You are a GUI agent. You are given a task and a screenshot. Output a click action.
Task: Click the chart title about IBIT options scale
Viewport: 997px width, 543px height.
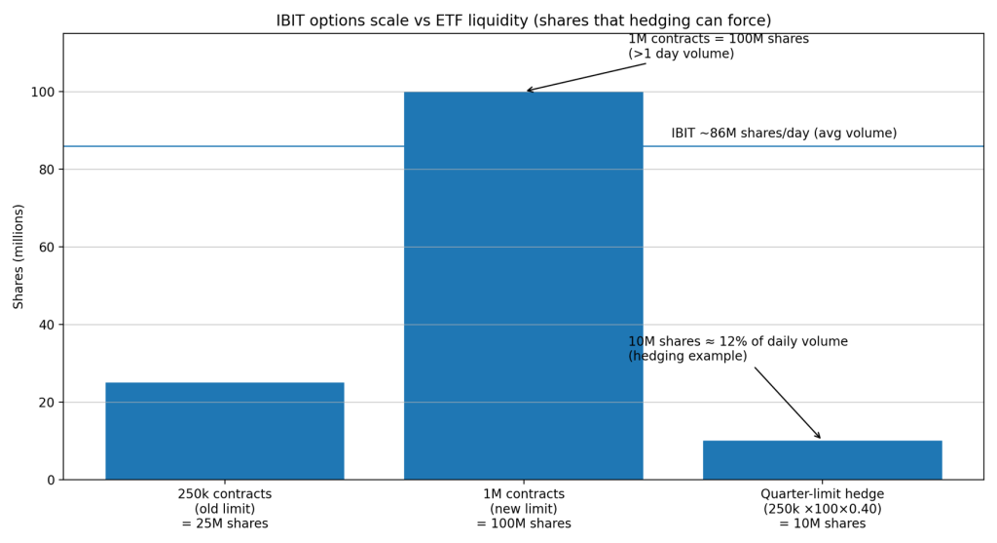[x=524, y=20]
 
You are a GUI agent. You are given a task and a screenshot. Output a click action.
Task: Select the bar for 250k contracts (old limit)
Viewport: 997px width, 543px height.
[x=224, y=430]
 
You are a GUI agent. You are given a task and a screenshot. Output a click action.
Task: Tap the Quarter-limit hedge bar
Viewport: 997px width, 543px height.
[x=822, y=459]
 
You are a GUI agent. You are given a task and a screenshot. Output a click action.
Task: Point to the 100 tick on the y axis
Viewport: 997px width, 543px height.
[x=45, y=92]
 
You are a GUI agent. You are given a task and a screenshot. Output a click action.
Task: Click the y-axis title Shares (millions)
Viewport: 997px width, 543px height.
[x=19, y=256]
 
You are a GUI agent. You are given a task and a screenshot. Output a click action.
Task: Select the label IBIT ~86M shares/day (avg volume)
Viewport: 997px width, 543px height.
[x=784, y=134]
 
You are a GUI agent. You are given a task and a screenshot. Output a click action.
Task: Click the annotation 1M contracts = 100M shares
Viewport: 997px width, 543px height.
[x=718, y=39]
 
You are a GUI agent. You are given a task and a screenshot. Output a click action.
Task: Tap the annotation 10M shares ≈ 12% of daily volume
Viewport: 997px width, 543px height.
[x=737, y=342]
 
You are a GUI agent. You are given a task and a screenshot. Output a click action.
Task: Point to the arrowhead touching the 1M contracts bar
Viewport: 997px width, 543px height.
[x=529, y=91]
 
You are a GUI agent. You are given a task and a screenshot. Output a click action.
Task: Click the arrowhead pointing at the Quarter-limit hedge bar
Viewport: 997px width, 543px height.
[x=819, y=437]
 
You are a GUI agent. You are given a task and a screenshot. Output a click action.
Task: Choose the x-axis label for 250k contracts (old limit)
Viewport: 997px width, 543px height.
[x=224, y=509]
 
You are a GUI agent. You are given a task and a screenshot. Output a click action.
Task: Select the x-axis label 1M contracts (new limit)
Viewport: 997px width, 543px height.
[x=523, y=509]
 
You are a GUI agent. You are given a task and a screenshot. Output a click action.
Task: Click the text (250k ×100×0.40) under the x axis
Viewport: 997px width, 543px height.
[x=822, y=509]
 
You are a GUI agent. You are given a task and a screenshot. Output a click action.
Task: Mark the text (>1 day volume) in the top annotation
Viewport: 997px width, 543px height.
[x=681, y=55]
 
